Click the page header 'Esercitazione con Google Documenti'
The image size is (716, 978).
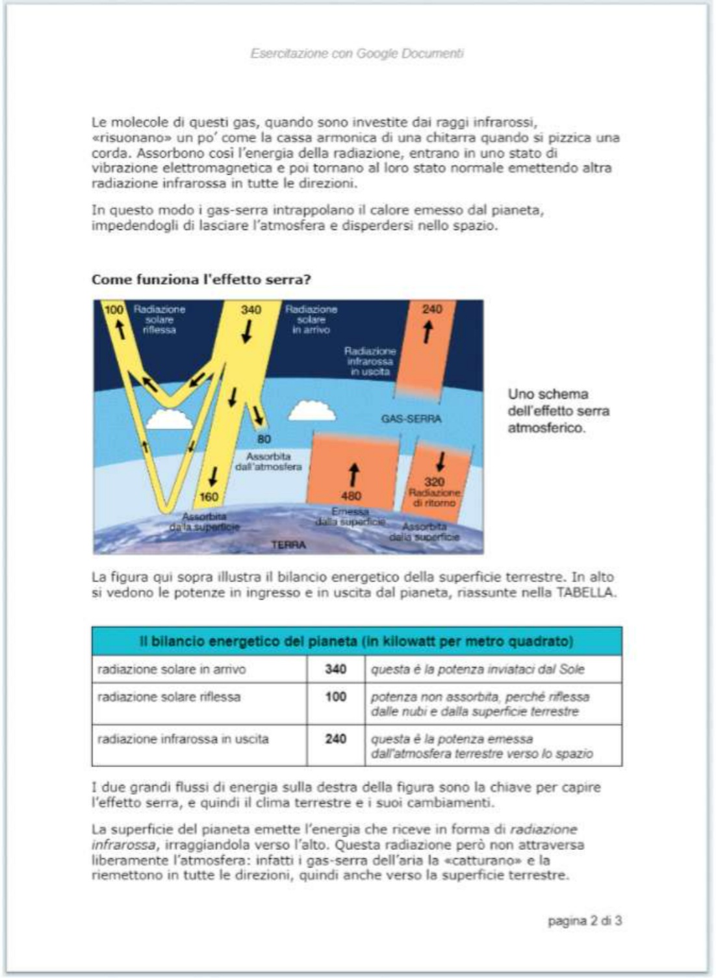[x=357, y=53]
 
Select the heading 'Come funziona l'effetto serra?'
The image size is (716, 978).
[x=201, y=279]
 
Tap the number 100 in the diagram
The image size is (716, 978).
[x=114, y=309]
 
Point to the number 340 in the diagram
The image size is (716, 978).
[x=251, y=309]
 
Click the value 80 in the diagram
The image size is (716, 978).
[x=264, y=439]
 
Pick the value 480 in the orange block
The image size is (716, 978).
[x=351, y=496]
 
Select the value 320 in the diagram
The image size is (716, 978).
[x=435, y=482]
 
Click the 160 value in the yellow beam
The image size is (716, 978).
[x=209, y=497]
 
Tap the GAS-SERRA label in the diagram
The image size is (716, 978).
[x=411, y=418]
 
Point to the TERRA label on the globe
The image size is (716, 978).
[x=288, y=545]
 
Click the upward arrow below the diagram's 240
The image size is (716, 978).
[x=428, y=332]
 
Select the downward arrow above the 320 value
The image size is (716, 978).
[x=441, y=461]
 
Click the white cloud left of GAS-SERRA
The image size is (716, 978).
[x=312, y=411]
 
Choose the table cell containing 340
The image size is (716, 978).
[x=336, y=669]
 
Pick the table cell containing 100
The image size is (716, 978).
[x=336, y=703]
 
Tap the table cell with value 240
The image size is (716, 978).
[x=336, y=745]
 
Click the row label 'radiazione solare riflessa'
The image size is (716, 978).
[x=169, y=697]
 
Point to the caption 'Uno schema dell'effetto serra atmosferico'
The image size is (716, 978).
[x=558, y=411]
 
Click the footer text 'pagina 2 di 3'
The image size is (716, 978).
[x=585, y=921]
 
